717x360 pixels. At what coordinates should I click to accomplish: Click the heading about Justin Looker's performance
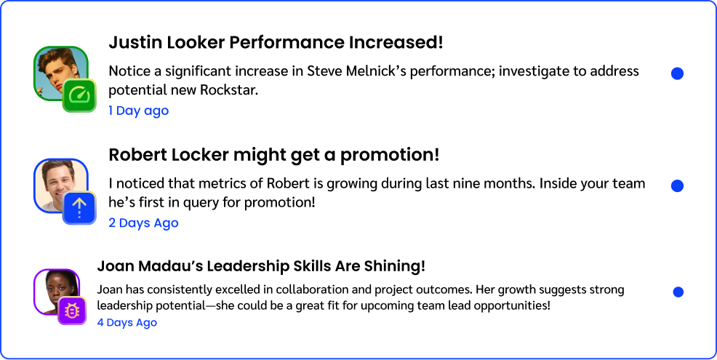click(x=276, y=42)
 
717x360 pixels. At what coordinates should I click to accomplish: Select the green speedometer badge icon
click(x=79, y=95)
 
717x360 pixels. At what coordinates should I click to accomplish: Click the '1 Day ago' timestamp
click(x=139, y=111)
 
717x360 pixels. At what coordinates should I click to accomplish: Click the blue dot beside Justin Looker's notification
click(x=677, y=73)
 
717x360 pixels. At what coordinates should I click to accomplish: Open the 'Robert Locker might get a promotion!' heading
click(x=274, y=156)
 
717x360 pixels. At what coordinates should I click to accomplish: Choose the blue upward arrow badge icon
click(x=79, y=208)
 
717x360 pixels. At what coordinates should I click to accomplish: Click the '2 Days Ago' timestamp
click(x=143, y=223)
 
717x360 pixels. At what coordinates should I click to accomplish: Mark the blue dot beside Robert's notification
click(x=677, y=185)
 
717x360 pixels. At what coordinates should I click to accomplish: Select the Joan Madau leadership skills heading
click(x=261, y=266)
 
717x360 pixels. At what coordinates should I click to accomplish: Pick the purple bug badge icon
click(x=72, y=311)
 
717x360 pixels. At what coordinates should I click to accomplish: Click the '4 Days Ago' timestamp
click(x=127, y=322)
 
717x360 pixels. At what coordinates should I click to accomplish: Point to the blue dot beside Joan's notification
click(x=678, y=292)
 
